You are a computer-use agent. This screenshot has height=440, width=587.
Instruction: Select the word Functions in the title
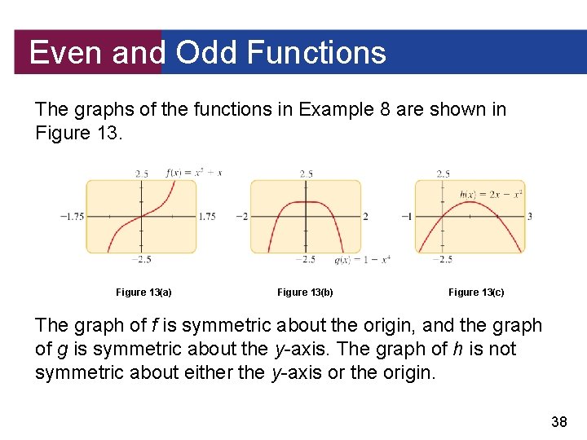316,53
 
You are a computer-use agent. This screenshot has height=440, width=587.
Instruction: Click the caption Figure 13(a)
143,292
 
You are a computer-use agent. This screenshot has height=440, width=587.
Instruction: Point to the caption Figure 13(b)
305,292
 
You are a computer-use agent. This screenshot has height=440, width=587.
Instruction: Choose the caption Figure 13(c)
476,292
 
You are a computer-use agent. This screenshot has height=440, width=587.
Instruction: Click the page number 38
560,421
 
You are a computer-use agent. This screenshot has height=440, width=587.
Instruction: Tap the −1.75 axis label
72,217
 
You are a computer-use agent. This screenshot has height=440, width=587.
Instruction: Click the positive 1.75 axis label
207,217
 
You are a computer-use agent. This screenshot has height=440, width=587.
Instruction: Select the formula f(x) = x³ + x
194,173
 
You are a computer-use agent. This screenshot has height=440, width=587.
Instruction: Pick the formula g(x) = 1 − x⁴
362,260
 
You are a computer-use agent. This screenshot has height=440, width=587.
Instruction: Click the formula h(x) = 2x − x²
491,194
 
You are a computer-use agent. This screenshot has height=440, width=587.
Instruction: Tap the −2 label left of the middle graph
241,217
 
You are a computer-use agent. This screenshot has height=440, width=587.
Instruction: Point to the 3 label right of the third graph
530,217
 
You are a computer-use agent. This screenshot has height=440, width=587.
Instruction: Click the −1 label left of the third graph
406,217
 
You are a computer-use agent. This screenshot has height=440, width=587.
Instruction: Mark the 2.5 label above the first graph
142,174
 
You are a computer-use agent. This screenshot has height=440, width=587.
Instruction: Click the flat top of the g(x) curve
306,201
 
